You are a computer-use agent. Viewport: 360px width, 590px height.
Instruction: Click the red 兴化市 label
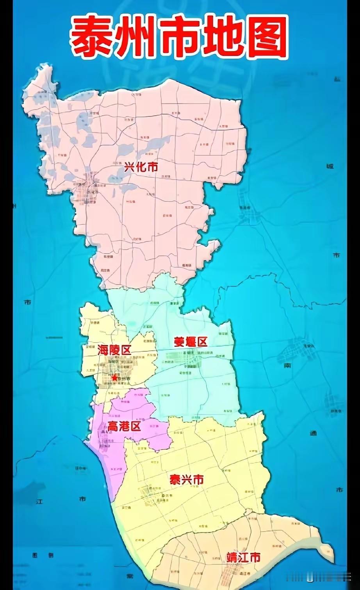(141, 167)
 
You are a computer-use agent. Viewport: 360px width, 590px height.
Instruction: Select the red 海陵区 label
(114, 350)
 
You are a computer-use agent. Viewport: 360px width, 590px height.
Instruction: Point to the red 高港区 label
(124, 426)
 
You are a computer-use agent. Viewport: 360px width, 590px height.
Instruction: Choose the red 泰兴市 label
(186, 479)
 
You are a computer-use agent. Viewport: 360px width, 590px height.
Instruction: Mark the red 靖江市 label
(243, 557)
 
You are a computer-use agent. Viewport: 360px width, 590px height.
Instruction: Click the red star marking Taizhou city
(114, 378)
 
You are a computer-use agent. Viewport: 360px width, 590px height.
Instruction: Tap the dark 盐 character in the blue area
(337, 79)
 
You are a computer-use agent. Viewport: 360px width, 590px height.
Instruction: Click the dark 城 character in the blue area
(330, 166)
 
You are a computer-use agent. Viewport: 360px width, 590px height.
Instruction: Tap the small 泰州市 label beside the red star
(125, 379)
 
